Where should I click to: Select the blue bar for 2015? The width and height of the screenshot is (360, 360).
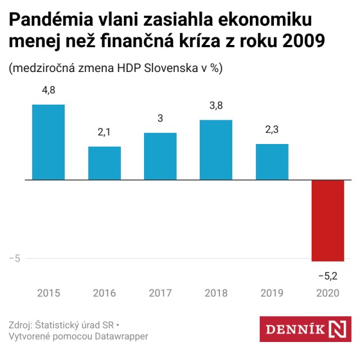click(48, 142)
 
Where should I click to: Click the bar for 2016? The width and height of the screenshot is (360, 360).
click(105, 163)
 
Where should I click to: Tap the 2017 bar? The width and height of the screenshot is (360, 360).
click(160, 156)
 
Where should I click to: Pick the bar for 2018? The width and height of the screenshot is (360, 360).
click(216, 150)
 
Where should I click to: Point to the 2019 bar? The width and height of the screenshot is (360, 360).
click(272, 162)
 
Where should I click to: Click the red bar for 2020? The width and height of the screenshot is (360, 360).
click(328, 220)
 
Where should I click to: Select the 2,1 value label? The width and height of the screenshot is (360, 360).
click(105, 133)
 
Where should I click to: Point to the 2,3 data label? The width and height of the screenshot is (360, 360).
click(272, 130)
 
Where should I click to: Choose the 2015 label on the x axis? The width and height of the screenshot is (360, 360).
click(48, 293)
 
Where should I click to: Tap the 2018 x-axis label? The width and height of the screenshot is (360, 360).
click(216, 293)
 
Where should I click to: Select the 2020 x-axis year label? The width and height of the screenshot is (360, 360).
click(328, 293)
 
